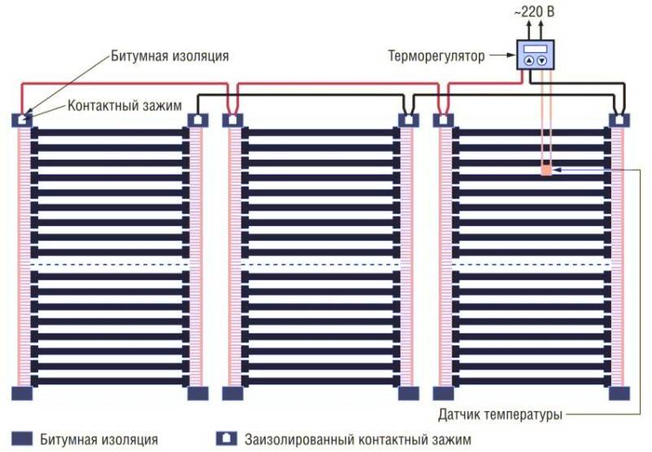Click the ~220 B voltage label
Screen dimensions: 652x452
tap(534, 11)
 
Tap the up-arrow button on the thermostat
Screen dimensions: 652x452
tap(528, 60)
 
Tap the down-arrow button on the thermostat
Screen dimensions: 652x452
tap(542, 60)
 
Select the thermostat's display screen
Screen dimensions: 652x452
tap(535, 48)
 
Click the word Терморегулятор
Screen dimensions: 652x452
tap(436, 55)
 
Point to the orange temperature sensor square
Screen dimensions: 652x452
tap(546, 171)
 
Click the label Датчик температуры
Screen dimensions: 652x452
tap(500, 414)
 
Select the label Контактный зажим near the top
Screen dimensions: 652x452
tap(125, 106)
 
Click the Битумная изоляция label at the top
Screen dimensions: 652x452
tap(170, 55)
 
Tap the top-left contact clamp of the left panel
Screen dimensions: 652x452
tap(22, 120)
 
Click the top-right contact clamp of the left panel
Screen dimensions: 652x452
tap(198, 120)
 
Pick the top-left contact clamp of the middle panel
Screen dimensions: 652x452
tap(232, 120)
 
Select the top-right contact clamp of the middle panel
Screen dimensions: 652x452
tap(409, 120)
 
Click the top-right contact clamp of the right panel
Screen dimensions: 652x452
tap(619, 120)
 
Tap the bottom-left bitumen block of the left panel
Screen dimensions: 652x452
tap(22, 393)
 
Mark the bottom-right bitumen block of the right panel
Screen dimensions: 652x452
tap(619, 393)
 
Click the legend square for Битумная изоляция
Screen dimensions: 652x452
tap(22, 439)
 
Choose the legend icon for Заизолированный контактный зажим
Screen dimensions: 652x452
tap(227, 438)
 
